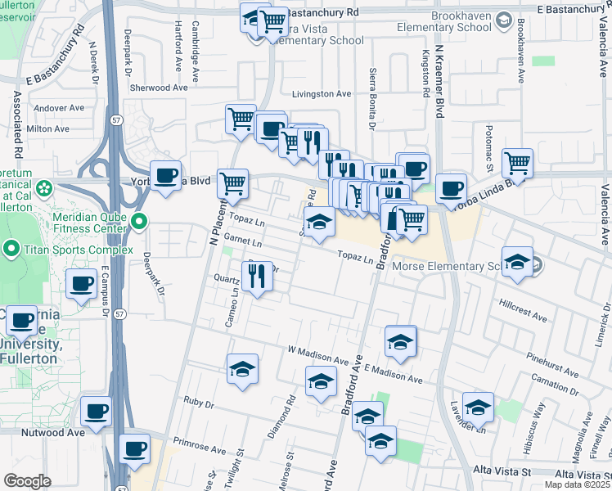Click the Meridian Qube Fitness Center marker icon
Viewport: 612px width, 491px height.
[x=139, y=221]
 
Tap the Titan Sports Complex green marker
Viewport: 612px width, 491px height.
[x=11, y=248]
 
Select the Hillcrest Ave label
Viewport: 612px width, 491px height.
[x=524, y=308]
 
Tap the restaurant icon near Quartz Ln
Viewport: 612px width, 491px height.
[x=259, y=277]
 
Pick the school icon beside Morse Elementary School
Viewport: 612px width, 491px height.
[x=517, y=262]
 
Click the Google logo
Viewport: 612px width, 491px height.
[x=27, y=481]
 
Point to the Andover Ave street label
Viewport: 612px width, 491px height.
[x=59, y=107]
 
